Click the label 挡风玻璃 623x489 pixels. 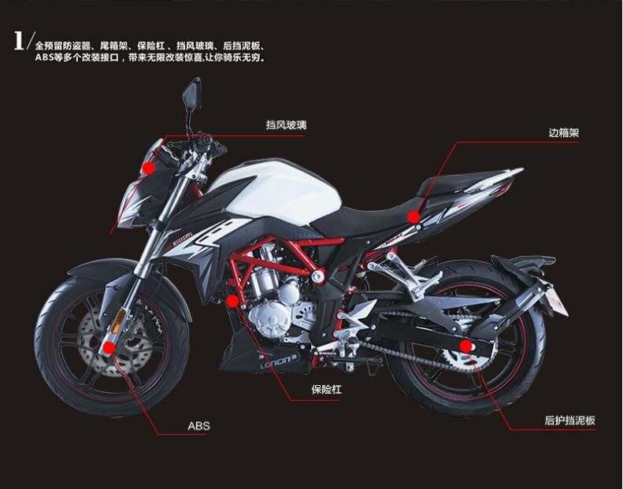pos(286,125)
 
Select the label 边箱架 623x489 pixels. pos(564,132)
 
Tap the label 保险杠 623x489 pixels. pos(326,389)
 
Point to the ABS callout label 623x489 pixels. pos(198,426)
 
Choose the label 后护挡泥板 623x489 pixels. pos(569,420)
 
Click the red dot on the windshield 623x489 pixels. pos(149,168)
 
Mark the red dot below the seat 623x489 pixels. pos(413,217)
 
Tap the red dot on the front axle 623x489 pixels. pos(108,348)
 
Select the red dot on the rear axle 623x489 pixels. pos(465,346)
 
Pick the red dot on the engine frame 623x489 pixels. pos(232,301)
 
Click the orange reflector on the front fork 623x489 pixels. pos(117,321)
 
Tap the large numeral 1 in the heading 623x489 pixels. pos(19,41)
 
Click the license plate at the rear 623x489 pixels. pos(559,297)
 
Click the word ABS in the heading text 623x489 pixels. pos(43,57)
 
